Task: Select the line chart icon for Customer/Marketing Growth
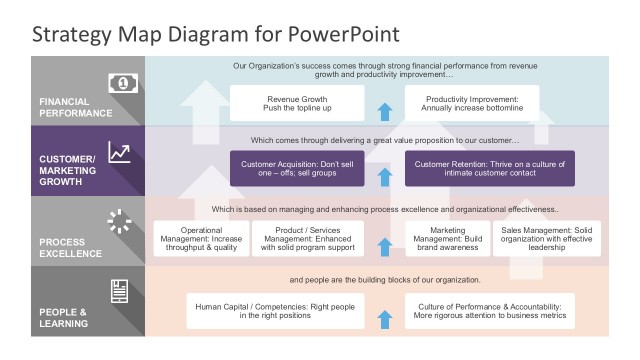[x=120, y=152]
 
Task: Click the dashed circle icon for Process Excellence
[x=120, y=221]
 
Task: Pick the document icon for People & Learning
[x=120, y=291]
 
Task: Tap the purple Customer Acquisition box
[x=298, y=169]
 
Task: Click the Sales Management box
[x=549, y=239]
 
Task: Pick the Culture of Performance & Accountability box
[x=489, y=311]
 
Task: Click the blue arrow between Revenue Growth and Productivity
[x=384, y=110]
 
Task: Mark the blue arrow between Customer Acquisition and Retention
[x=384, y=177]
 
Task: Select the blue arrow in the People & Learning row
[x=384, y=319]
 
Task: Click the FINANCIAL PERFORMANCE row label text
[x=77, y=107]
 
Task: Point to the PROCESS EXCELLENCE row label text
[x=70, y=248]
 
